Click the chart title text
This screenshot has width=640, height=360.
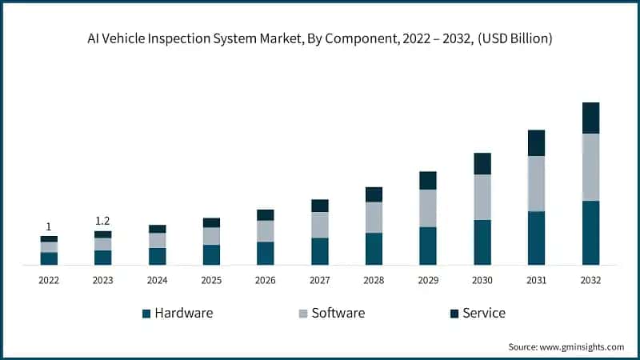[320, 38]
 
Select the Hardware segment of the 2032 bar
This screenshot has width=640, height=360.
[590, 232]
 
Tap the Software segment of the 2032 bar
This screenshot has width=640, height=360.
[590, 167]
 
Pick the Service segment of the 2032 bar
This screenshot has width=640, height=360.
[590, 118]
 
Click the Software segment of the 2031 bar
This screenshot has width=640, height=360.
[536, 183]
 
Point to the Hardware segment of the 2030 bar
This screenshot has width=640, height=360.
[482, 242]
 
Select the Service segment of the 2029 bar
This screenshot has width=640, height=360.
[428, 180]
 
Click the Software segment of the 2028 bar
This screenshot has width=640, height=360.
[374, 217]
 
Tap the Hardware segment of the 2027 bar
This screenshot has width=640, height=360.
[320, 250]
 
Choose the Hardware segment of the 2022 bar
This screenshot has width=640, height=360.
[49, 258]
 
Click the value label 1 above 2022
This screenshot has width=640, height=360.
[49, 226]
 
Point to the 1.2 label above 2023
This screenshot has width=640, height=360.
[102, 221]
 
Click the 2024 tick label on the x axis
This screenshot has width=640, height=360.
[157, 281]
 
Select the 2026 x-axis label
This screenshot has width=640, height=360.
[266, 281]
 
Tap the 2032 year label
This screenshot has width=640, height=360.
[590, 281]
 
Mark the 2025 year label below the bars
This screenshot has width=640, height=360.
[211, 281]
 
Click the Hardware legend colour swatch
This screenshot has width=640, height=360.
[146, 314]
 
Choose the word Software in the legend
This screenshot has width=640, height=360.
[338, 313]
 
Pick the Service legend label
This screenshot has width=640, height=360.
[484, 313]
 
